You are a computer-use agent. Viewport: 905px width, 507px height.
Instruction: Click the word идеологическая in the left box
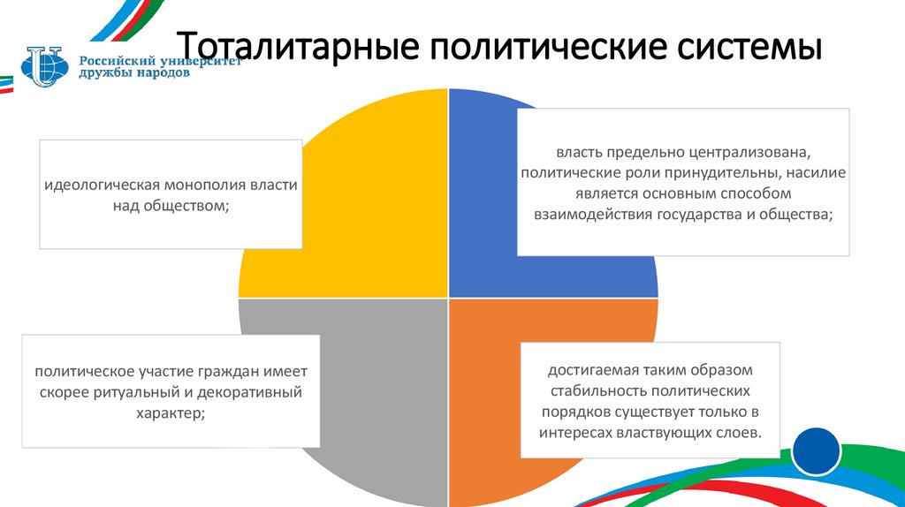(95, 186)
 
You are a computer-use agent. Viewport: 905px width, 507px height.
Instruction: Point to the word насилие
(817, 172)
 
